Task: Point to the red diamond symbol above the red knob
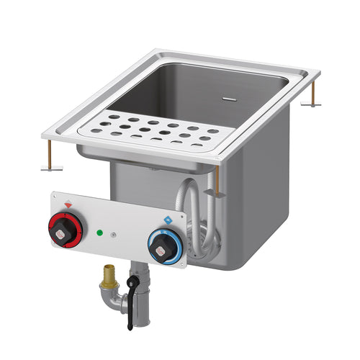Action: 68,204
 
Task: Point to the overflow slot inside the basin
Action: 229,94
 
